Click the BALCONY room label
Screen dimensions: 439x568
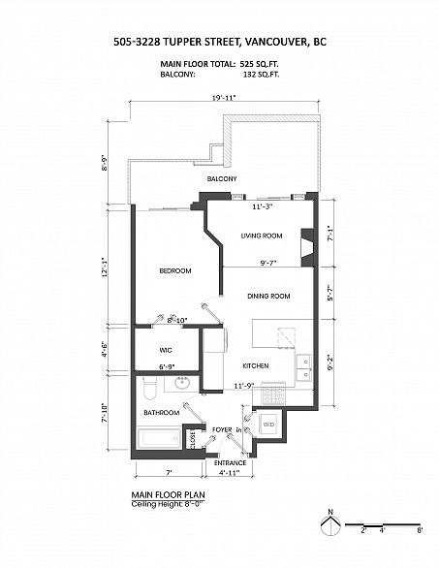tap(222, 179)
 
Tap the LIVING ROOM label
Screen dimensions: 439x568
tap(262, 236)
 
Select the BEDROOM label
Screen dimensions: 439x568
tap(175, 271)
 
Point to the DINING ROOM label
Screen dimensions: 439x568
tap(268, 297)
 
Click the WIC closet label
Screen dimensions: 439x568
tap(166, 350)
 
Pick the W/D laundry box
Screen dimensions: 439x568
tap(268, 425)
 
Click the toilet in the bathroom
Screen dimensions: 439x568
tap(149, 389)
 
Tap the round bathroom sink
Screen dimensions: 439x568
tap(182, 383)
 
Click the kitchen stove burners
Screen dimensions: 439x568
tap(274, 394)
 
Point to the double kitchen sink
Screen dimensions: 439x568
tap(303, 368)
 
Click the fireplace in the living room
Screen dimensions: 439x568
tap(307, 248)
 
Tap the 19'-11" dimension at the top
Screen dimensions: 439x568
tap(224, 98)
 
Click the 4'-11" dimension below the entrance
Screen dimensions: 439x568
tap(230, 473)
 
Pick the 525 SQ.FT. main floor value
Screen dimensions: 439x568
tap(259, 64)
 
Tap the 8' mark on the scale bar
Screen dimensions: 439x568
tap(420, 530)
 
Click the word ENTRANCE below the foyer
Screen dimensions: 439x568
tap(230, 463)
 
